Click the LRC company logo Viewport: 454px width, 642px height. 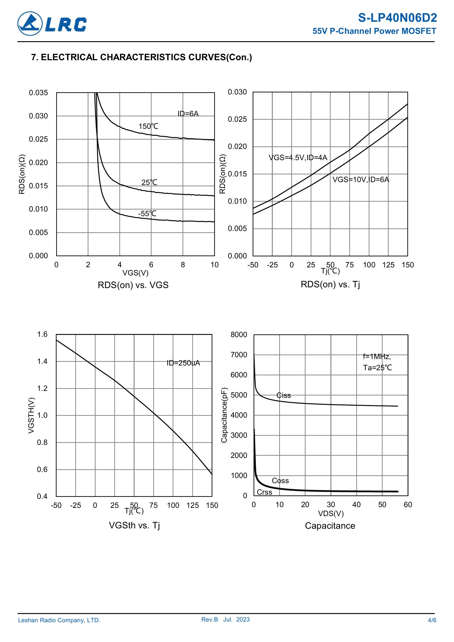click(52, 24)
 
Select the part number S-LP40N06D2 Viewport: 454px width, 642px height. click(397, 18)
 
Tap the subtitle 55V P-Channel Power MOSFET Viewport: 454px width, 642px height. click(374, 31)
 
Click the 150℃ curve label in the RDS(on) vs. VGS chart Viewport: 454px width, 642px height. click(148, 126)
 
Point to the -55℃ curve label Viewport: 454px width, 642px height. click(147, 214)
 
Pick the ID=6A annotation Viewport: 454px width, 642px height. click(188, 113)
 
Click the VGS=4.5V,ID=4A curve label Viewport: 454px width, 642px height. click(298, 158)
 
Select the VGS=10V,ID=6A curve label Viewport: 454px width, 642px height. click(361, 180)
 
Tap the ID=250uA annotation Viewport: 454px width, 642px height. click(183, 363)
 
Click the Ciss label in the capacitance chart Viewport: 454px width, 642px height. click(283, 395)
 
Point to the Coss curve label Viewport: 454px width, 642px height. click(280, 481)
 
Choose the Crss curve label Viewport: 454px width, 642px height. click(264, 492)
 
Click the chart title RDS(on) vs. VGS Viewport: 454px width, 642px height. click(133, 285)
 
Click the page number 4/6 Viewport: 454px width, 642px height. click(432, 620)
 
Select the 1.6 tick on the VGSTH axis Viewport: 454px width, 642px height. click(42, 334)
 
